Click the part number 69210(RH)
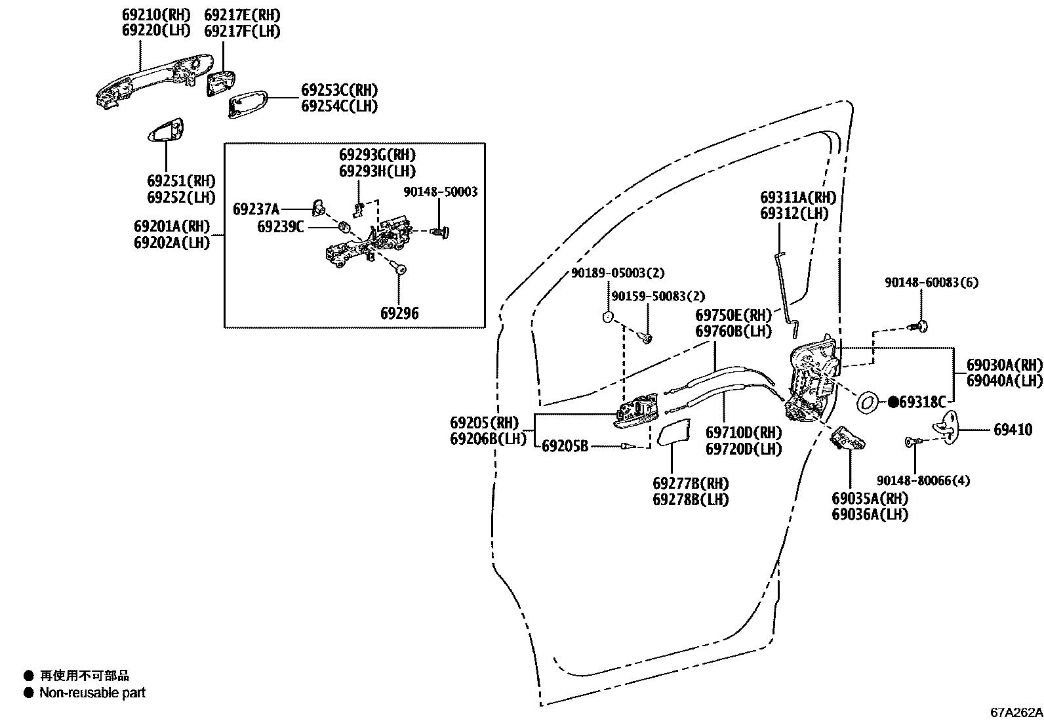(155, 14)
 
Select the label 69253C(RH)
(339, 91)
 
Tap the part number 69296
(399, 314)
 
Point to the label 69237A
(256, 209)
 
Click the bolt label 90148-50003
(440, 192)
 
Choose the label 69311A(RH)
(797, 197)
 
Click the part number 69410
(1013, 430)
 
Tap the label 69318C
(923, 402)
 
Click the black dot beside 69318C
(893, 403)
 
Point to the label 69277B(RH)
(691, 484)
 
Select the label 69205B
(565, 447)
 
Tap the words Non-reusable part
(92, 693)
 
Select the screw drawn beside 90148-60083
(922, 325)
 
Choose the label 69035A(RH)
(870, 499)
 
